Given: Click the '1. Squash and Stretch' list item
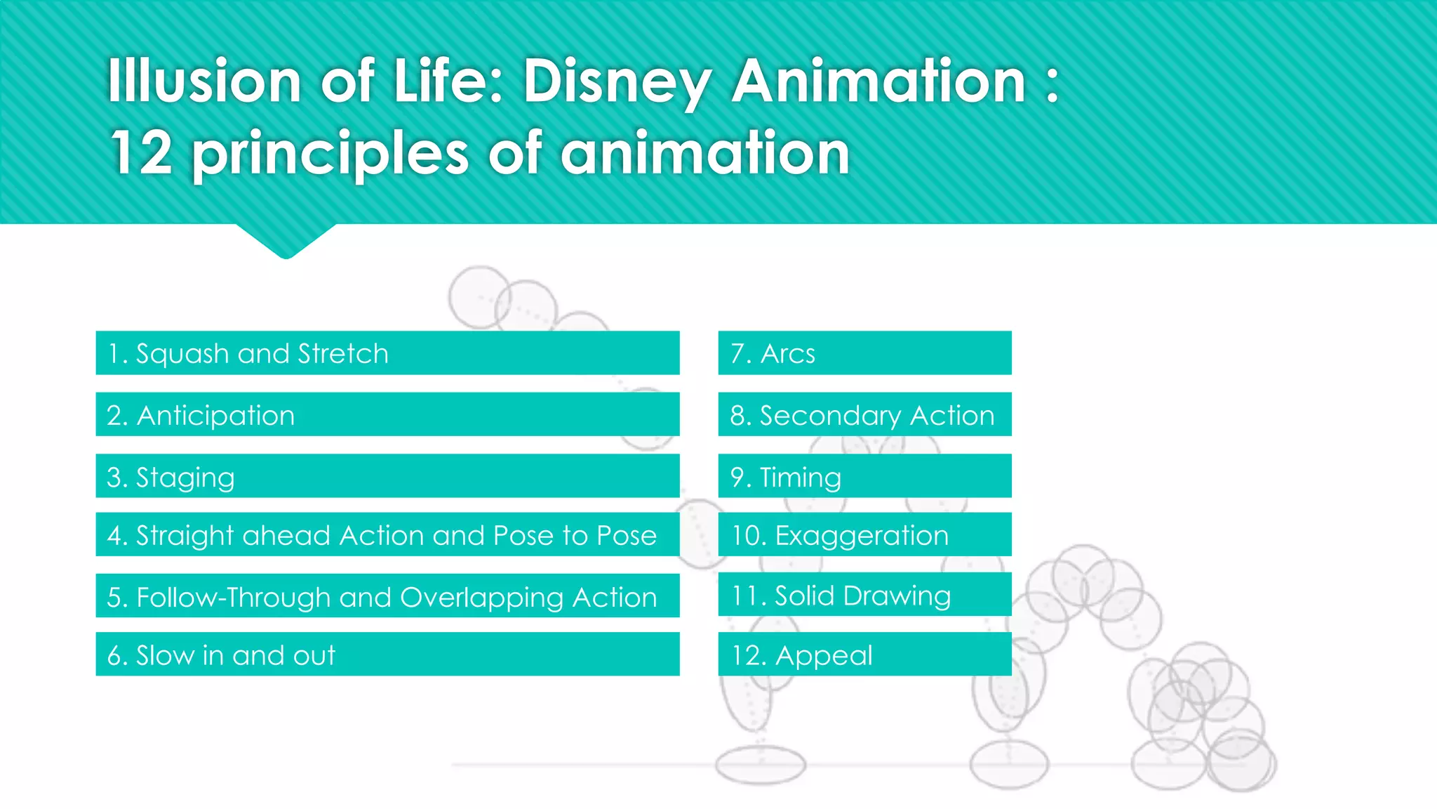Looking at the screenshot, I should [387, 353].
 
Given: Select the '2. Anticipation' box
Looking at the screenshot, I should [387, 415].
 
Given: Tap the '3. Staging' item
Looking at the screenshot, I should [387, 476].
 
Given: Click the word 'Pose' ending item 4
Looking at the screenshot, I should [626, 536].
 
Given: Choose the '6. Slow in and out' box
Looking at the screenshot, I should [387, 655].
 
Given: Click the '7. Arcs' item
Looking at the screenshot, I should [864, 353].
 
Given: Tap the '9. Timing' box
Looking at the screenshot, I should [864, 476].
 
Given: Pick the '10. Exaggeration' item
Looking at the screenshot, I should [864, 535].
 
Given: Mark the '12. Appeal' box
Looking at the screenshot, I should [864, 655].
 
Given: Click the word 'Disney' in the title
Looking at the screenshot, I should [617, 82].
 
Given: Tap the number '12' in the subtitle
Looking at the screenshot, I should [141, 152].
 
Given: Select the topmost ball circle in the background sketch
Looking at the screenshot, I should [480, 296].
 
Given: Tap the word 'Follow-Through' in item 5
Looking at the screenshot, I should [232, 598].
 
